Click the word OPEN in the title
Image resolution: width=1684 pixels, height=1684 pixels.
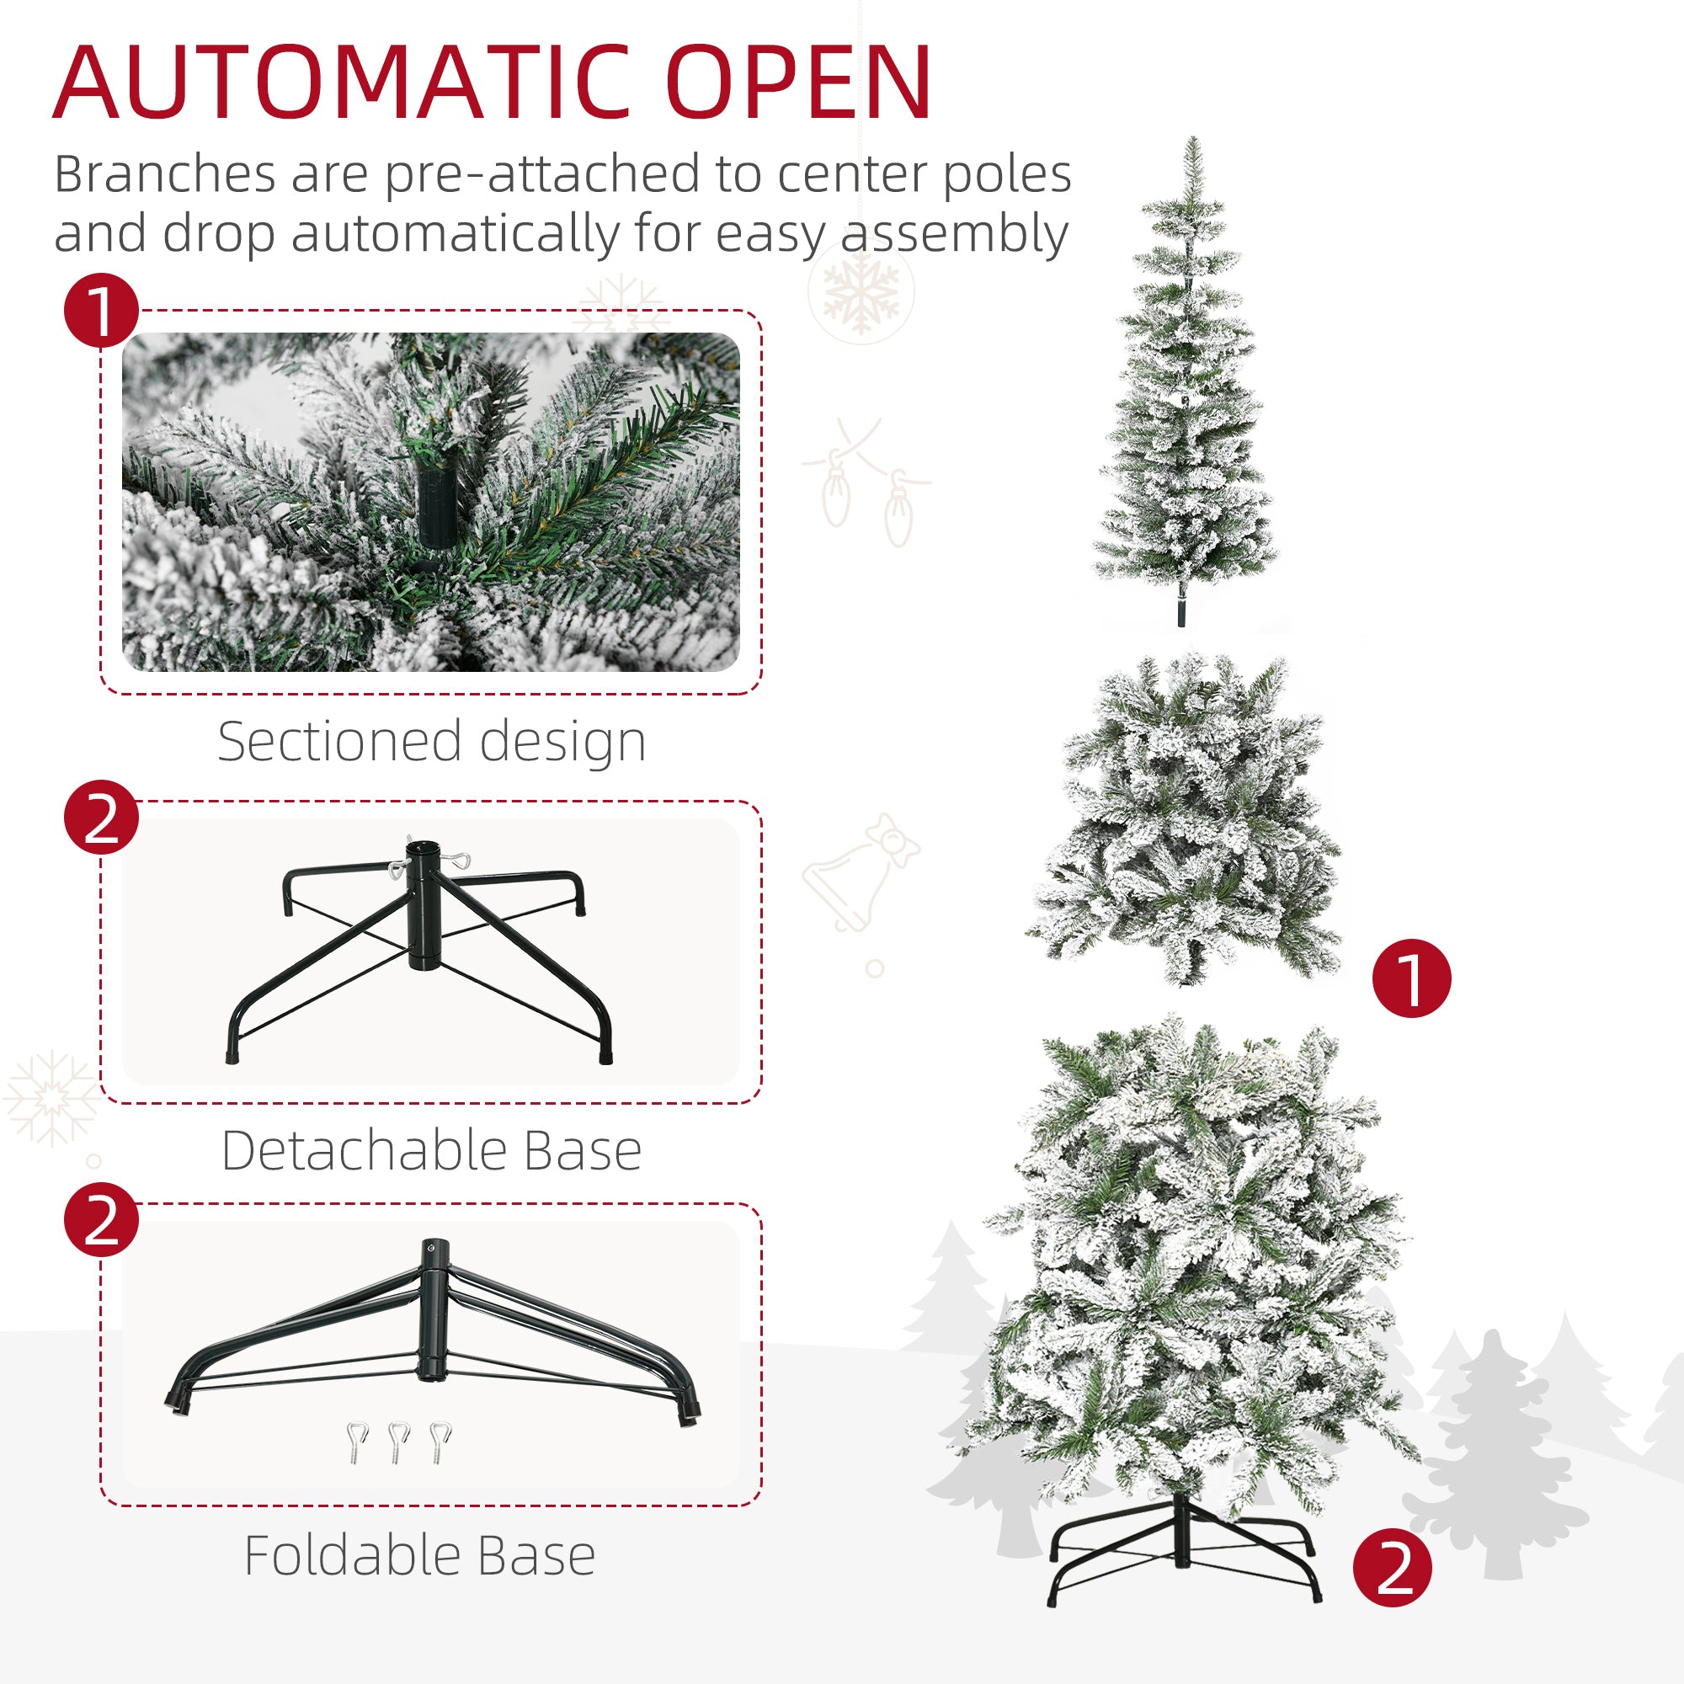pos(798,84)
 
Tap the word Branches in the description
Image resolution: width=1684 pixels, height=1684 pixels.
pos(166,174)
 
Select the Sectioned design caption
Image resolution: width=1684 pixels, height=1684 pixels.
pos(431,742)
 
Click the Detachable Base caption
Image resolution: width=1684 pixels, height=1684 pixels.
pos(431,1150)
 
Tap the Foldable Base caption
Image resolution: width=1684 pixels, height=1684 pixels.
pos(419,1555)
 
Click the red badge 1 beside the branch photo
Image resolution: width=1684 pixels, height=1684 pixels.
pos(101,312)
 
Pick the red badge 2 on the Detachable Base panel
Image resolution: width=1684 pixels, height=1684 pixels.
pos(101,817)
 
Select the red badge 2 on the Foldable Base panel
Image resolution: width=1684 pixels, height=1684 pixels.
pos(101,1219)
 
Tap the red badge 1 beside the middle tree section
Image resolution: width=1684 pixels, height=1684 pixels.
pos(1411,978)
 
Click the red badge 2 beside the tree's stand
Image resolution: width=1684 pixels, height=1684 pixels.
pos(1392,1568)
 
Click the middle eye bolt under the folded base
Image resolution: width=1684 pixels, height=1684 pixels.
pos(398,1442)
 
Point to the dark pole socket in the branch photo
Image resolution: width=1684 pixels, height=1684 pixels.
pos(436,503)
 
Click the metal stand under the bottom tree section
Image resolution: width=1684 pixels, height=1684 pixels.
pos(1183,1555)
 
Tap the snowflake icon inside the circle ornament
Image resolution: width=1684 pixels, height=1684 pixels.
pos(861,292)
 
